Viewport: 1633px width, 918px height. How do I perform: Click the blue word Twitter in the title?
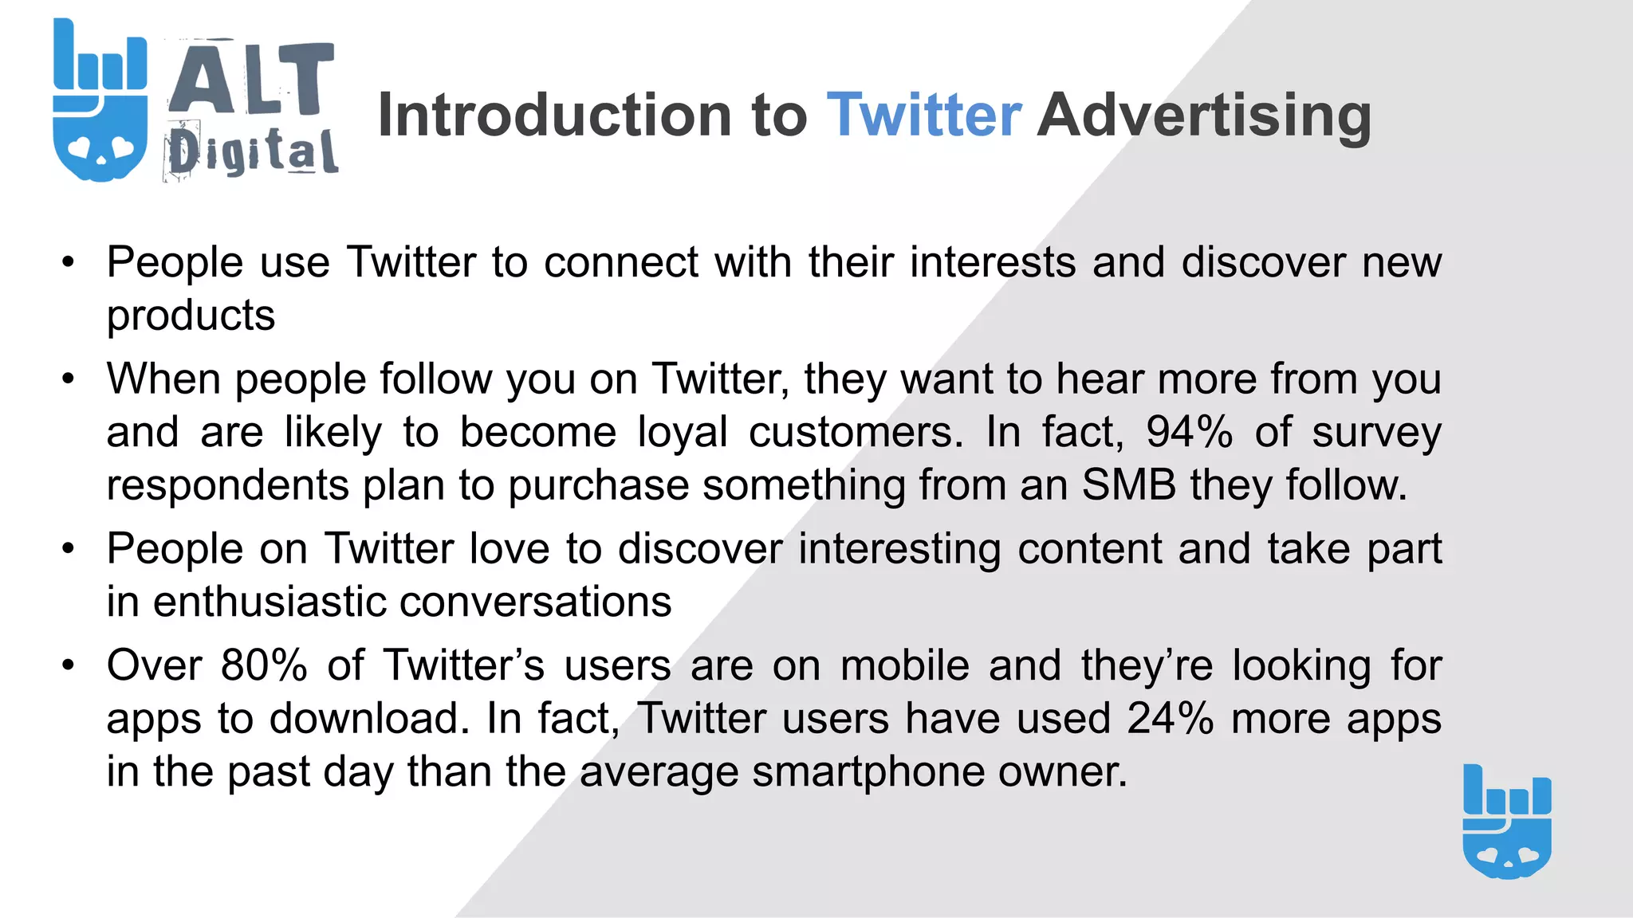coord(923,116)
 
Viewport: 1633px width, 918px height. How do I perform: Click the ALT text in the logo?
coord(251,79)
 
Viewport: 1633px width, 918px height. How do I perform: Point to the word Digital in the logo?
coord(253,151)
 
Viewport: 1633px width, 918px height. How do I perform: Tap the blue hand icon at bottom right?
coord(1507,822)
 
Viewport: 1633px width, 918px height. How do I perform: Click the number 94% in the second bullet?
coord(1189,432)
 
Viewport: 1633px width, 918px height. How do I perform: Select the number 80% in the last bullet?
coord(264,665)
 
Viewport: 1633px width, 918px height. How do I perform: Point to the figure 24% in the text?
coord(1170,718)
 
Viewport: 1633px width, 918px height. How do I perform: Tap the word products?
coord(191,316)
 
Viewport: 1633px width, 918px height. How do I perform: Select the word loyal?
coord(683,432)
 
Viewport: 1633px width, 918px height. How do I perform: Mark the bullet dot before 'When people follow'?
coord(69,379)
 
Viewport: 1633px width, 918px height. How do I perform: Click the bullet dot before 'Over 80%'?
coord(69,665)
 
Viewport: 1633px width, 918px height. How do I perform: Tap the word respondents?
coord(228,485)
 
